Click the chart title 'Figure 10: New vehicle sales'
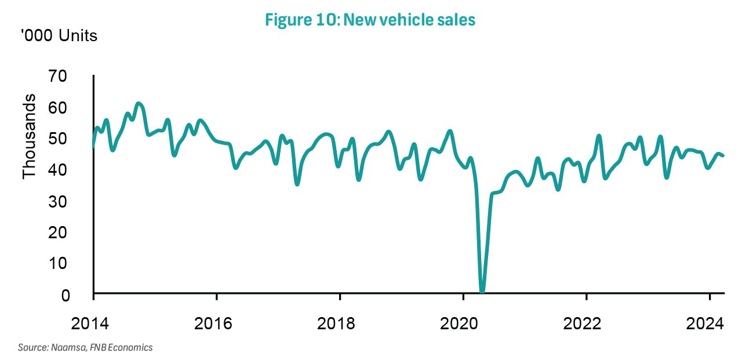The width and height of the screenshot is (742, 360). pos(370,20)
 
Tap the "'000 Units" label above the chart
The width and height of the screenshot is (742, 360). pos(60,36)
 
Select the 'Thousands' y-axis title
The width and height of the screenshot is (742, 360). pos(30,136)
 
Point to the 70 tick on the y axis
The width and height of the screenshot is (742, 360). pos(75,77)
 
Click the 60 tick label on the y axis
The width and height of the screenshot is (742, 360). pos(75,108)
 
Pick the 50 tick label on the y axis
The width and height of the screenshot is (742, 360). pos(75,139)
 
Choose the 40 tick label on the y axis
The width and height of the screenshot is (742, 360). pos(75,170)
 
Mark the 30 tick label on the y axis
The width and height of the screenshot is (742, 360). pos(75,202)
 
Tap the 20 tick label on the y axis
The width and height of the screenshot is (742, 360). pos(75,232)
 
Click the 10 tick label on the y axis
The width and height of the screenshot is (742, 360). pos(75,264)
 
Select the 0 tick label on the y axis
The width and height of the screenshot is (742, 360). pos(81,295)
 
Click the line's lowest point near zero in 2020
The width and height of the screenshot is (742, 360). pos(482,291)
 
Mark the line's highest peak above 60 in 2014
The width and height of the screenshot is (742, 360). pos(138,104)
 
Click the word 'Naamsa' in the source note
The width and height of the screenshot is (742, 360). pos(66,348)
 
